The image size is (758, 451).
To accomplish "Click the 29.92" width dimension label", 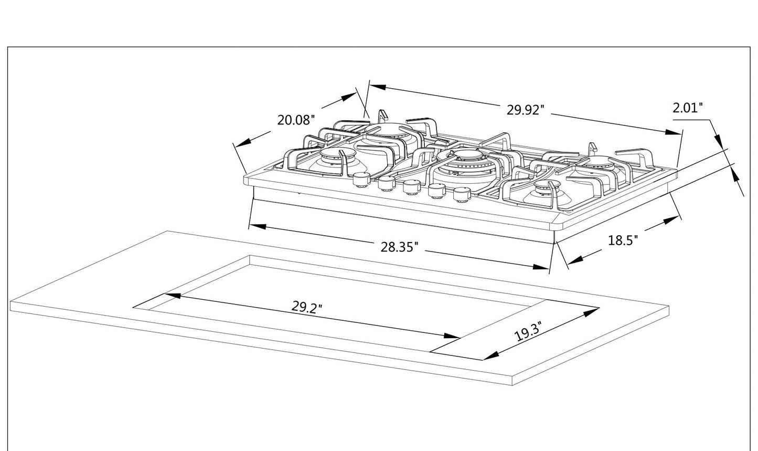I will pos(525,110).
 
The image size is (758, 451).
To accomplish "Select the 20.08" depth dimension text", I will pos(296,120).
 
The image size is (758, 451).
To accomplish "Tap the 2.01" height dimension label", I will pos(687,108).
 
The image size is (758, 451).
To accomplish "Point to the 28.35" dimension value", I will pos(399,247).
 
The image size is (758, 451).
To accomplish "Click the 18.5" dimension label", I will pos(623,240).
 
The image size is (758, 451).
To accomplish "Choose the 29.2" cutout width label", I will pos(307,307).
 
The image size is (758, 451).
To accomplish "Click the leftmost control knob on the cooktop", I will pos(360,179).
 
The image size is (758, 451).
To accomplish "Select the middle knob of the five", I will pos(411,186).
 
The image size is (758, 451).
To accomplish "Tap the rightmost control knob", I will pos(461,194).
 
